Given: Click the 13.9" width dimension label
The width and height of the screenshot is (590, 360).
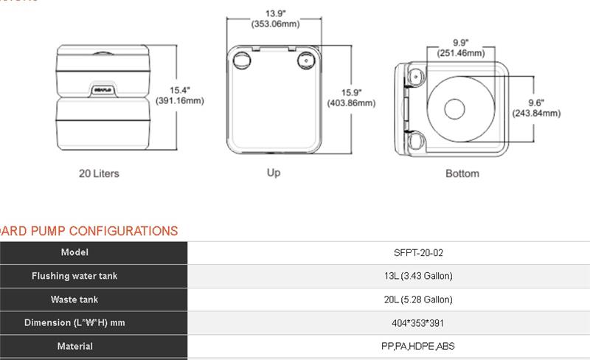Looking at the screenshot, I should click(275, 13).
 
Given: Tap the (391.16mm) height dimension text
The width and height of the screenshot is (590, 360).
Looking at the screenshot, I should click(180, 100).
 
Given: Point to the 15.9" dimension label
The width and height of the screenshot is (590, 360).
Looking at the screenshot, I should click(351, 92).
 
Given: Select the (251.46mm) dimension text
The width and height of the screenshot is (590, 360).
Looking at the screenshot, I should click(460, 53).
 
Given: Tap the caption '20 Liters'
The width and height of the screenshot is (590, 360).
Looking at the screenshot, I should click(99, 174).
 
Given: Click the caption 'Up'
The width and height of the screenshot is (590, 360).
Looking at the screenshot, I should click(274, 173).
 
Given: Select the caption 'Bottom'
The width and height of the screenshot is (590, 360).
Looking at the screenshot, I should click(462, 173).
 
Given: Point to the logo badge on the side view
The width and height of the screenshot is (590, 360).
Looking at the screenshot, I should click(102, 90).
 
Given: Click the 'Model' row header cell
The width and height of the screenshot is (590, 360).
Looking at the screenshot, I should click(74, 252).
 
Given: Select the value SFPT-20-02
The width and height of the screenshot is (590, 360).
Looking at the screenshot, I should click(418, 252).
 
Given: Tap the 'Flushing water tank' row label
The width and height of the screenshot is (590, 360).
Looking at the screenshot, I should click(74, 276).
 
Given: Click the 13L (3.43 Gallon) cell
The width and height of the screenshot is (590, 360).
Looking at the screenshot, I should click(418, 276).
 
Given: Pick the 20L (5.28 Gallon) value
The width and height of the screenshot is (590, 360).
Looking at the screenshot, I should click(418, 300).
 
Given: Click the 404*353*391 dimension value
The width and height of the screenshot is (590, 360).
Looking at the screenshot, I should click(418, 323).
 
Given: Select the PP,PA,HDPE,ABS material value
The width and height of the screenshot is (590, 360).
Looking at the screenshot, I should click(418, 346).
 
